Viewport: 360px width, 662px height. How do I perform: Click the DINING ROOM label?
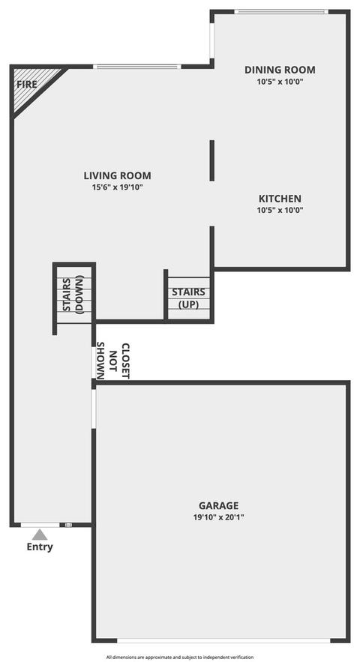click(280, 70)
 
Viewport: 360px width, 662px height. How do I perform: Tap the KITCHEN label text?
click(280, 199)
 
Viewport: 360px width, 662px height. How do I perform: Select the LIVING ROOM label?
click(117, 175)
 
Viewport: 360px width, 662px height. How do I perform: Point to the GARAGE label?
click(219, 505)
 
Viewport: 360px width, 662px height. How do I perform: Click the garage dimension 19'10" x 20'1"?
click(219, 517)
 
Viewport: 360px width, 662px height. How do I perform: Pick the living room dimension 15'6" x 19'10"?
click(117, 187)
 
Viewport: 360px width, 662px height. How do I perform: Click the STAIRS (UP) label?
click(188, 298)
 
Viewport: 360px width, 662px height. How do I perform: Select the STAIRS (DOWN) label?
click(73, 294)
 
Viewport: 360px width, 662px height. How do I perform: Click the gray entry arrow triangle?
click(40, 535)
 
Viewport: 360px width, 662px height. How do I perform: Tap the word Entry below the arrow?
click(40, 547)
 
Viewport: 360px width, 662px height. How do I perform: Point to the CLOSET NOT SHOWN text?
click(114, 361)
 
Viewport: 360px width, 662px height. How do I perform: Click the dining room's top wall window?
click(281, 12)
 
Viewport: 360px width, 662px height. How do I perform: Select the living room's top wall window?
click(136, 67)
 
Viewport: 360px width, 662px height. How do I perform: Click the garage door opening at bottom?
click(223, 640)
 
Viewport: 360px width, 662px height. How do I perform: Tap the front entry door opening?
click(40, 525)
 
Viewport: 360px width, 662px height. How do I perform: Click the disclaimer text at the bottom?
click(180, 657)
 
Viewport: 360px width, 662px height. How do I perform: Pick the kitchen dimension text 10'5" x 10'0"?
click(280, 210)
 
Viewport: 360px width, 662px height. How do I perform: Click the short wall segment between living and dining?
click(212, 160)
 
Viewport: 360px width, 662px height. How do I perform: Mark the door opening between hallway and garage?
click(94, 409)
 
